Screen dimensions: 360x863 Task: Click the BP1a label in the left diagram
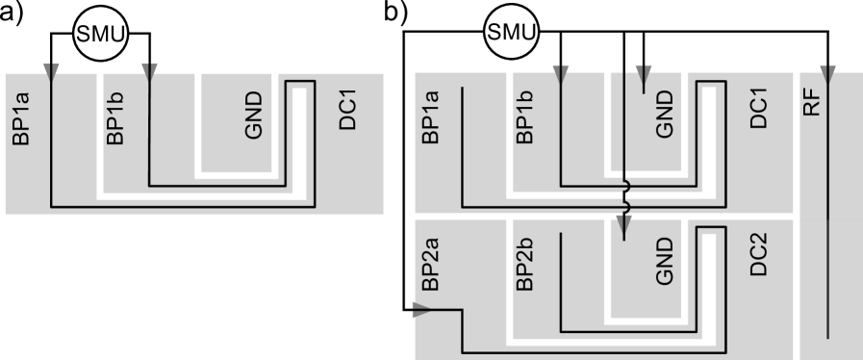pyautogui.click(x=22, y=117)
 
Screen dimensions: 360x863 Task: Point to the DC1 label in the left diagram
pyautogui.click(x=349, y=110)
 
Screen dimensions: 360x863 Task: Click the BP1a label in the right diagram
pyautogui.click(x=431, y=117)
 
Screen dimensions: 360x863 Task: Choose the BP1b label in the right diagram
pyautogui.click(x=525, y=117)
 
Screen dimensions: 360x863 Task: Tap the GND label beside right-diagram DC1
pyautogui.click(x=664, y=116)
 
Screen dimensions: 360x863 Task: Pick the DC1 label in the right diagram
pyautogui.click(x=759, y=110)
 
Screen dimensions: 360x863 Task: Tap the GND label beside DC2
pyautogui.click(x=664, y=262)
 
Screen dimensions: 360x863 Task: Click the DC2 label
pyautogui.click(x=759, y=255)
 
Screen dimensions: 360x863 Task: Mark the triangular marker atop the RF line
pyautogui.click(x=829, y=70)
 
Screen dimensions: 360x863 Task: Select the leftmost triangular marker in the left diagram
pyautogui.click(x=52, y=70)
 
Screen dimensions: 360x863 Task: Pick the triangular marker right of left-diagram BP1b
pyautogui.click(x=149, y=70)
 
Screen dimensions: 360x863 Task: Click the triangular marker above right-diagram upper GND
pyautogui.click(x=644, y=70)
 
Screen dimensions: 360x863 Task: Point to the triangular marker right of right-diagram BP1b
pyautogui.click(x=562, y=70)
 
